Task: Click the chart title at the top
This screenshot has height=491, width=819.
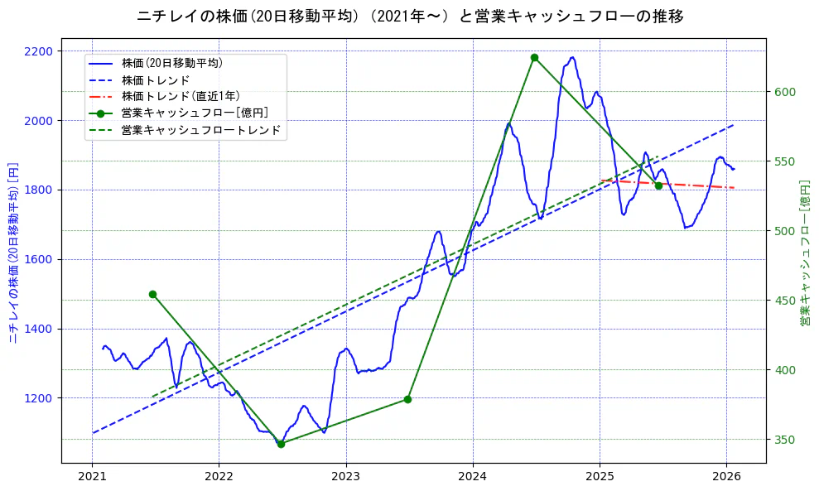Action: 410,16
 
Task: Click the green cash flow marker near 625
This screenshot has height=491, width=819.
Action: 534,58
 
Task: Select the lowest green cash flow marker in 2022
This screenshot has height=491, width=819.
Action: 281,444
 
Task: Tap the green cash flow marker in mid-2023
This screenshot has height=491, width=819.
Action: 407,399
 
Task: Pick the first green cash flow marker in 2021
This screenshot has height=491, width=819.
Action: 152,294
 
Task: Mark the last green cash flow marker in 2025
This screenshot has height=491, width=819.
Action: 658,185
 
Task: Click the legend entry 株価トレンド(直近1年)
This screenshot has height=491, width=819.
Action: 180,96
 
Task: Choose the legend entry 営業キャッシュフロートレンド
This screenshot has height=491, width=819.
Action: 200,130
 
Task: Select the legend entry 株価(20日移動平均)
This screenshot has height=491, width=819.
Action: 171,63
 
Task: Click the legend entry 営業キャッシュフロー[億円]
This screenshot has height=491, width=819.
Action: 194,113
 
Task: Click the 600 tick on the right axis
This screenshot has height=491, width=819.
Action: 785,92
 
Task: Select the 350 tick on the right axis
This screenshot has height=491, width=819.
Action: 785,439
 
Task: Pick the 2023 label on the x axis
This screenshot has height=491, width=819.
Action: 346,477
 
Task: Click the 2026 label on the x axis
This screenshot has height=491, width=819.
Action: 726,477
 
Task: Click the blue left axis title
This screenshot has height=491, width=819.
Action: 12,251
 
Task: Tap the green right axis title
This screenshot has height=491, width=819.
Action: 804,251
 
